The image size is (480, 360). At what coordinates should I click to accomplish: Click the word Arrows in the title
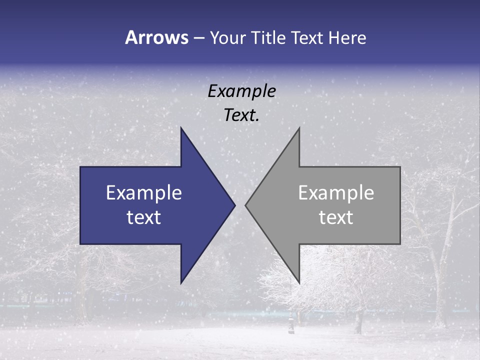click(156, 37)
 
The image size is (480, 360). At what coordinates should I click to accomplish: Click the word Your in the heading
click(228, 37)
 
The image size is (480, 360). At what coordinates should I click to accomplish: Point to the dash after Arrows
click(198, 38)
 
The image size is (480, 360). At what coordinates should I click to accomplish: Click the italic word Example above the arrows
click(241, 91)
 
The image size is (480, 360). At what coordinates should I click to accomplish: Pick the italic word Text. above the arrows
click(241, 115)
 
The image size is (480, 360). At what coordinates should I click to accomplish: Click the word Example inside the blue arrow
click(143, 192)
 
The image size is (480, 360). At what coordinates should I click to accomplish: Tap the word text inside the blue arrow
click(143, 217)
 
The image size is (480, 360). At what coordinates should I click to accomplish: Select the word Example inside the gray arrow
click(336, 192)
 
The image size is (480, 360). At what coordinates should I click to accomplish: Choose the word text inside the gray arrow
click(336, 217)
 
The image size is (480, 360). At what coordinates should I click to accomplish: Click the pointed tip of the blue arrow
click(234, 205)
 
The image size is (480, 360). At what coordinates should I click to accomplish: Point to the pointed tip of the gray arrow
click(245, 205)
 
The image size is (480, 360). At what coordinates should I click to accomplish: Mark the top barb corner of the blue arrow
click(181, 128)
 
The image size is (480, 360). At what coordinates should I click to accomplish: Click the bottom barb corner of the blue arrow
click(181, 283)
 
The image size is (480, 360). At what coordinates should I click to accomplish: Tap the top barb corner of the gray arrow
click(299, 128)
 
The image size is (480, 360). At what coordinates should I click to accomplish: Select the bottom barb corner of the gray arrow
click(299, 283)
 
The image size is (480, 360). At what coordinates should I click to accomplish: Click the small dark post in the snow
click(291, 323)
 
